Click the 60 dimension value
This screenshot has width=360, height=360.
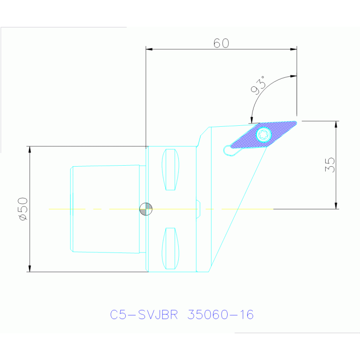click(221, 43)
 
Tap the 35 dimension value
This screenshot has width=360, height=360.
click(330, 165)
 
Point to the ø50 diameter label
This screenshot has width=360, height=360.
click(23, 209)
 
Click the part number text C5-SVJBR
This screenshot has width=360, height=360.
click(144, 314)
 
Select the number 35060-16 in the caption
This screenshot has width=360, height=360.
click(221, 314)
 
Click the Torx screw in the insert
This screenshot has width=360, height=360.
click(264, 135)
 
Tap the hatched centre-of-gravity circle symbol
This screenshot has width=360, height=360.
click(146, 209)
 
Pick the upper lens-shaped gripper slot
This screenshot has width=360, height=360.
click(170, 169)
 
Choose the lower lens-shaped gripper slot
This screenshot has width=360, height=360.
click(170, 248)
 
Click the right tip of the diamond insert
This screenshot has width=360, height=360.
click(296, 123)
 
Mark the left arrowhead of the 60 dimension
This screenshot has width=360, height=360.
click(149, 49)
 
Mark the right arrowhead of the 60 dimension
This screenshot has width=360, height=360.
click(293, 49)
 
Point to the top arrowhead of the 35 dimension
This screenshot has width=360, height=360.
click(336, 124)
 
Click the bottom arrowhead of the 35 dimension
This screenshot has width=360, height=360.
click(336, 206)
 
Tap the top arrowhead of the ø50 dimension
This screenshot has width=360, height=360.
click(30, 149)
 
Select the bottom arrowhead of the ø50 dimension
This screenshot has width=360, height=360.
click(30, 268)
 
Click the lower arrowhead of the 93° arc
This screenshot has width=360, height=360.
click(252, 120)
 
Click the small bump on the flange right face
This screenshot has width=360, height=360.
click(198, 209)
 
